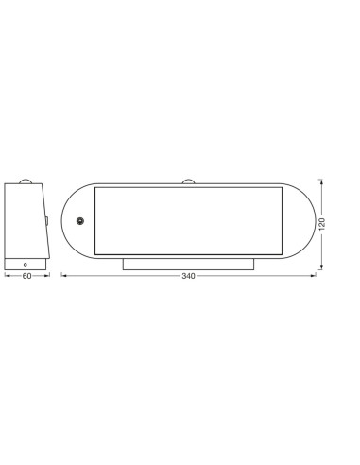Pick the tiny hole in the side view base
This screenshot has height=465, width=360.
(26, 265)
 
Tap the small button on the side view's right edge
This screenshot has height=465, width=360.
(47, 219)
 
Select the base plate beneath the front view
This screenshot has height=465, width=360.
(188, 264)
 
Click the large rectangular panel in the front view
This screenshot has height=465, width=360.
(188, 219)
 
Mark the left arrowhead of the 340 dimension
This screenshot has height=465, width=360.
(63, 275)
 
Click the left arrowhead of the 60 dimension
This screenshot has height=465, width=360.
(7, 275)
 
